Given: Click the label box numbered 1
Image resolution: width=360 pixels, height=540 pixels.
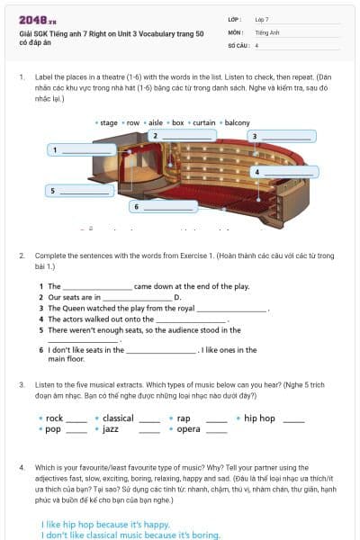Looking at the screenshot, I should pos(82,149).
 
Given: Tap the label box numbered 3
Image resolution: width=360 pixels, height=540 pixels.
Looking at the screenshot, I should pos(283,137).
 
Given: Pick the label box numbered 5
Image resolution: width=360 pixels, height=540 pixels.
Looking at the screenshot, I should pos(82,190).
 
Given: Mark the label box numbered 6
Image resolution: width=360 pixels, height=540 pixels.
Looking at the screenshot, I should pos(165,206).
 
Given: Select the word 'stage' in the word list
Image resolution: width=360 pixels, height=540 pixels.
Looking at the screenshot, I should pos(109,122).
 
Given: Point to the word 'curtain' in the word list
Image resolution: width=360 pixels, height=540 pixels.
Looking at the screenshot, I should pos(203,122).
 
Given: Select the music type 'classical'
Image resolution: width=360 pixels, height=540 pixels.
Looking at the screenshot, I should pos(118,418).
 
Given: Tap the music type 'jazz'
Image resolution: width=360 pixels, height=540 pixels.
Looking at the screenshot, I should pos(110,430).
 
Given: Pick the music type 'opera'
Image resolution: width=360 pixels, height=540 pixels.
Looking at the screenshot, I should pos(188,430).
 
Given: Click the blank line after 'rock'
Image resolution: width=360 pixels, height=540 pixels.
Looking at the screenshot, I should pos(76,420).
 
